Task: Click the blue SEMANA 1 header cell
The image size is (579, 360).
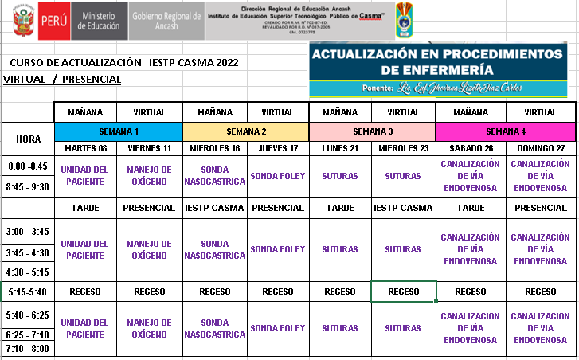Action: [118, 131]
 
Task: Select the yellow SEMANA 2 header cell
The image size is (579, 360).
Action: [245, 131]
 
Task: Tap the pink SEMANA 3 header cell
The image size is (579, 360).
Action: [372, 131]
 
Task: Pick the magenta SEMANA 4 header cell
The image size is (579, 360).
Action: [505, 131]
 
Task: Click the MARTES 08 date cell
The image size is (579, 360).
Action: [85, 148]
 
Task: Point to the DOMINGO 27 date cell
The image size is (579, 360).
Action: [541, 148]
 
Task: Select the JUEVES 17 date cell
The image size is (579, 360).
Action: [277, 148]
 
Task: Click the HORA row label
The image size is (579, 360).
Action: [29, 139]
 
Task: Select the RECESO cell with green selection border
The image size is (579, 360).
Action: [403, 292]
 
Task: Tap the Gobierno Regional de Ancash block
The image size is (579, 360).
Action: [166, 20]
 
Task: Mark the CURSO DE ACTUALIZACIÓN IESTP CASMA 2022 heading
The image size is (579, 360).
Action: [123, 63]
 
